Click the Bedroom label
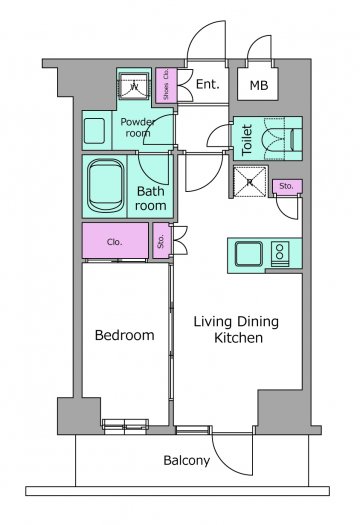click(x=125, y=335)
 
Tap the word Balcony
click(x=187, y=461)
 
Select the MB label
click(x=259, y=85)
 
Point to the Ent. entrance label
click(x=207, y=84)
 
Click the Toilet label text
click(x=247, y=139)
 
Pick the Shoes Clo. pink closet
click(x=166, y=85)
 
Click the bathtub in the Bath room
click(x=105, y=186)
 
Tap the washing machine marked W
click(x=134, y=85)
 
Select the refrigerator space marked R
click(x=250, y=181)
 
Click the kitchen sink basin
click(x=248, y=253)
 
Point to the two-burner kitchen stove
click(x=280, y=254)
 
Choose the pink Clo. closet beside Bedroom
click(x=116, y=241)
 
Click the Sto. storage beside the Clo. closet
click(x=162, y=241)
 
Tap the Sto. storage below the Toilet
click(x=287, y=186)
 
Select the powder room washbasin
click(x=94, y=131)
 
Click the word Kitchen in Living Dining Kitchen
click(x=238, y=338)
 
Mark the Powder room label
click(x=138, y=127)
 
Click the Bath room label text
click(x=151, y=199)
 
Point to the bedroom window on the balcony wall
click(x=125, y=426)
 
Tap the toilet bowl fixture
click(x=280, y=139)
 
